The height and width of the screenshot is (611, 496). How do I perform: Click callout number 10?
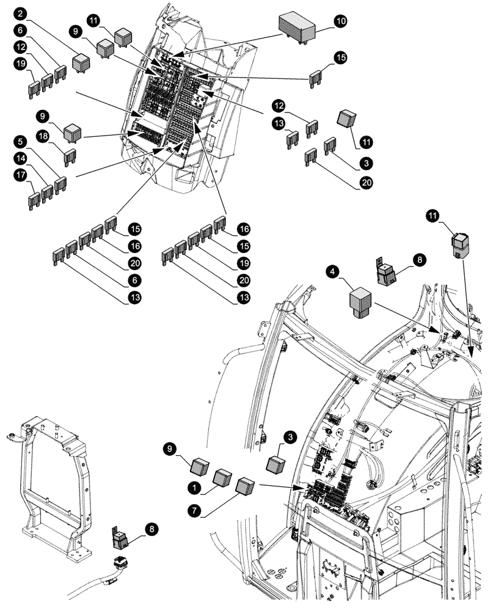pos(340,21)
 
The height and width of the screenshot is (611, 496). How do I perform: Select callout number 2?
pos(21,13)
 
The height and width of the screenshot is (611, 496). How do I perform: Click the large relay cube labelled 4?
pos(361,302)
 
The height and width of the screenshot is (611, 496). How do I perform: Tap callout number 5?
pos(21,141)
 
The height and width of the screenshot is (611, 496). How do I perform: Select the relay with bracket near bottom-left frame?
pos(120,538)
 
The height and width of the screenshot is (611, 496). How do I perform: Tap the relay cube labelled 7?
pos(246,488)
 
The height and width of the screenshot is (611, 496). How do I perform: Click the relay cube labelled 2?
pos(81,62)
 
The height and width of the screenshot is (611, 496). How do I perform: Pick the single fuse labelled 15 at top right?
pos(316,78)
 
